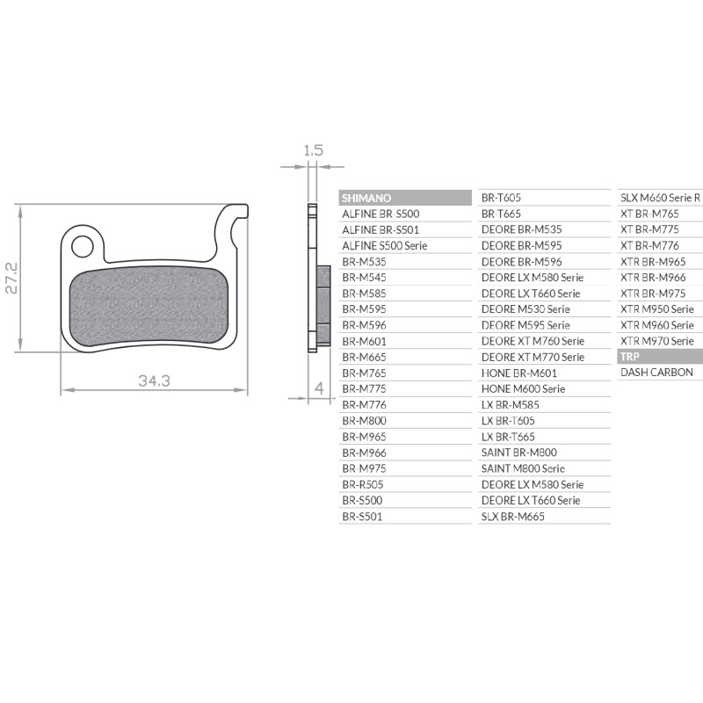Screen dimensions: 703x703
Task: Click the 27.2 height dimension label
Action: pos(11,278)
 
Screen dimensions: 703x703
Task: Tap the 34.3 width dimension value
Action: pos(155,381)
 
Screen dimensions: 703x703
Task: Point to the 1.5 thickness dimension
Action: pos(313,150)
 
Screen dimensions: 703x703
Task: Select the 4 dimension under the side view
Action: pos(319,388)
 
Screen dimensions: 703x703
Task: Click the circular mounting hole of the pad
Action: pos(83,246)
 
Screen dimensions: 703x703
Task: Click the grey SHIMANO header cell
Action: pos(405,198)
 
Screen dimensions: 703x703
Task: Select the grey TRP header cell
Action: pos(660,357)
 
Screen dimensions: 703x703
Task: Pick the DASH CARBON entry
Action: pos(656,372)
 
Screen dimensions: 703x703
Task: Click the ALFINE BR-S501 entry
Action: pos(380,230)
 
